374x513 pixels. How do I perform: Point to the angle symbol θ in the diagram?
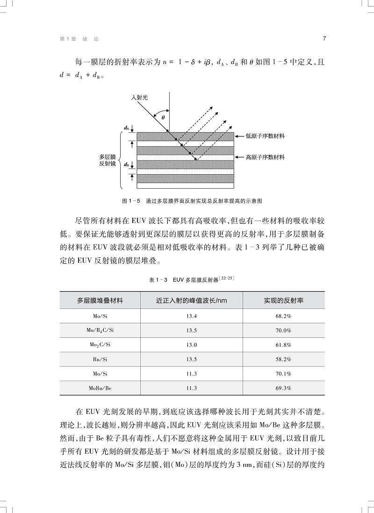[163, 118]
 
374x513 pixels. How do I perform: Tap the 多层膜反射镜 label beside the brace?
[108, 161]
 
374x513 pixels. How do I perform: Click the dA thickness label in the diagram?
[126, 127]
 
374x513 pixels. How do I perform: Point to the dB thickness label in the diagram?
[127, 164]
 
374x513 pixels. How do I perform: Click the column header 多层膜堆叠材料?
[100, 300]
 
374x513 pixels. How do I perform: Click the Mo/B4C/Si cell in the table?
[100, 331]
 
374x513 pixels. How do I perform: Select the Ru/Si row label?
[100, 359]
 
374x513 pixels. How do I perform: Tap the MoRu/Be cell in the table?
[100, 388]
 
